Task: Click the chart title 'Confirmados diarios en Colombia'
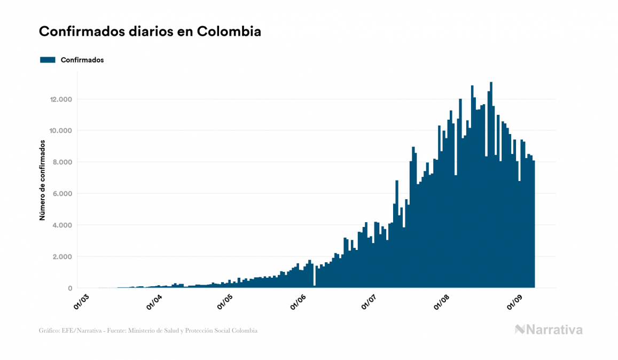(x=150, y=32)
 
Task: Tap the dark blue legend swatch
(x=48, y=60)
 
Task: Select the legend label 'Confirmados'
(x=82, y=60)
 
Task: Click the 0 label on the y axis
(x=70, y=288)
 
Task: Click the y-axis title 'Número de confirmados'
(x=42, y=181)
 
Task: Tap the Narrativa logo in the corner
(x=549, y=330)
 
